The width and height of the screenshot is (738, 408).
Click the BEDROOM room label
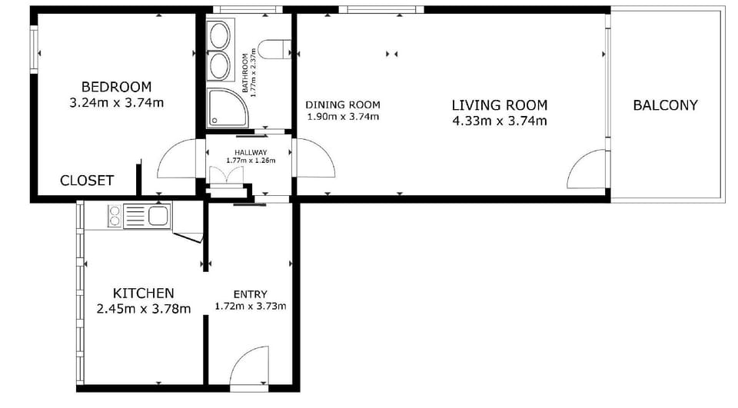tap(116, 87)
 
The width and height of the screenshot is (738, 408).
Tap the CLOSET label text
tap(87, 181)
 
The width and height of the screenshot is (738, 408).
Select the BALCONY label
tap(665, 105)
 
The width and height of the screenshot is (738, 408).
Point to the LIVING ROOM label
tap(499, 105)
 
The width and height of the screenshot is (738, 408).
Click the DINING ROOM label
tap(343, 105)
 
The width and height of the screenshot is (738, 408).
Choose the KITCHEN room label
tap(143, 293)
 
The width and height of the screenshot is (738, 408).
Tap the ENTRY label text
tap(250, 294)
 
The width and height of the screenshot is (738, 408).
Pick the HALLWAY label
tap(250, 152)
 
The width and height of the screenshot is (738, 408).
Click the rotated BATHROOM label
tap(246, 73)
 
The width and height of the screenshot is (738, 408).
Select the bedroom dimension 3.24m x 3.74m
tap(116, 102)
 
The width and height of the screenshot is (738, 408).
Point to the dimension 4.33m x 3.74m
tap(499, 121)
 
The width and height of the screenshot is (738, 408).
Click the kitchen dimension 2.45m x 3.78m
tap(144, 309)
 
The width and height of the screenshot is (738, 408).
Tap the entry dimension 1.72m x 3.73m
tap(250, 306)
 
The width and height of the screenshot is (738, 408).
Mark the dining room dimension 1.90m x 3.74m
tap(343, 117)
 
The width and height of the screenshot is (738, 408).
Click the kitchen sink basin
tap(159, 216)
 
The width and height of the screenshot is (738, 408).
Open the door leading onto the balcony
tap(586, 171)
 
